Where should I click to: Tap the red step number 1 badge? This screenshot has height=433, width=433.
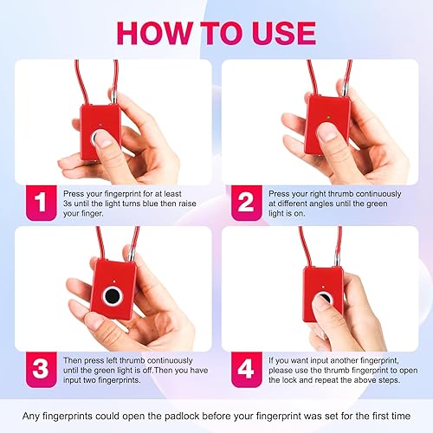(x=40, y=202)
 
